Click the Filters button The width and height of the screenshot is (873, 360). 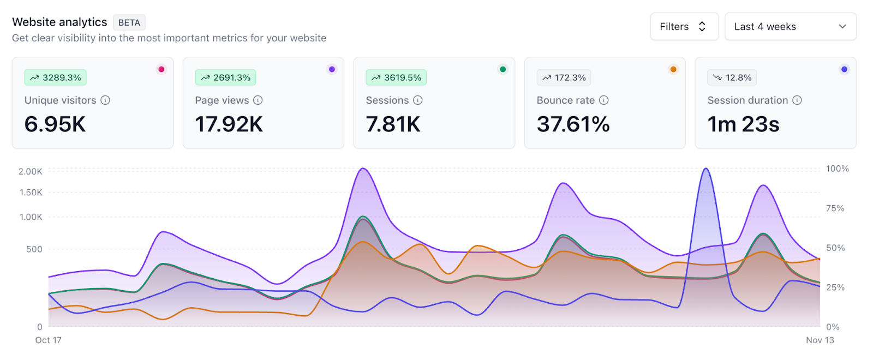pos(684,27)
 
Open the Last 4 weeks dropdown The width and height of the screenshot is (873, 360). pos(790,27)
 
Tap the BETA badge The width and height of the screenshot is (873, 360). pos(129,22)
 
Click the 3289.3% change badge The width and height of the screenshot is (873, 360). pos(55,77)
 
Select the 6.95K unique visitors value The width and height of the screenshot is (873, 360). pos(55,124)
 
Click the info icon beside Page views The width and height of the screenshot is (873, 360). pos(258,100)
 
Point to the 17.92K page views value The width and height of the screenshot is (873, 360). pos(229,124)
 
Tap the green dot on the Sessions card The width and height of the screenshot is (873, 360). pos(503,69)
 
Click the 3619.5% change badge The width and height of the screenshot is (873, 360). pos(396,77)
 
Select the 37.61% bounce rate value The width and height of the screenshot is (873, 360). pos(573,124)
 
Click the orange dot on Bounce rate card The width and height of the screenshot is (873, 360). pos(673,69)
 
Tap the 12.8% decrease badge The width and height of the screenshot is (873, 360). pos(732,77)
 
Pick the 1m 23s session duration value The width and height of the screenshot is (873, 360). pos(743,124)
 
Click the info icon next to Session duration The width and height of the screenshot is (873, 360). pos(797,100)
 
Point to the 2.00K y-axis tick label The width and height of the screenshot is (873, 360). pos(31,171)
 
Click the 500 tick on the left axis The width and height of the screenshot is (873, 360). pos(34,249)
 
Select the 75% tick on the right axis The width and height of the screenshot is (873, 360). pos(835,208)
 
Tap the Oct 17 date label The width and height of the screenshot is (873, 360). pos(49,340)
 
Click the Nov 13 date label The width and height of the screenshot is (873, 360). pos(820,340)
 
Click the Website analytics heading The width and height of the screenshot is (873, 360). pos(59,22)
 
